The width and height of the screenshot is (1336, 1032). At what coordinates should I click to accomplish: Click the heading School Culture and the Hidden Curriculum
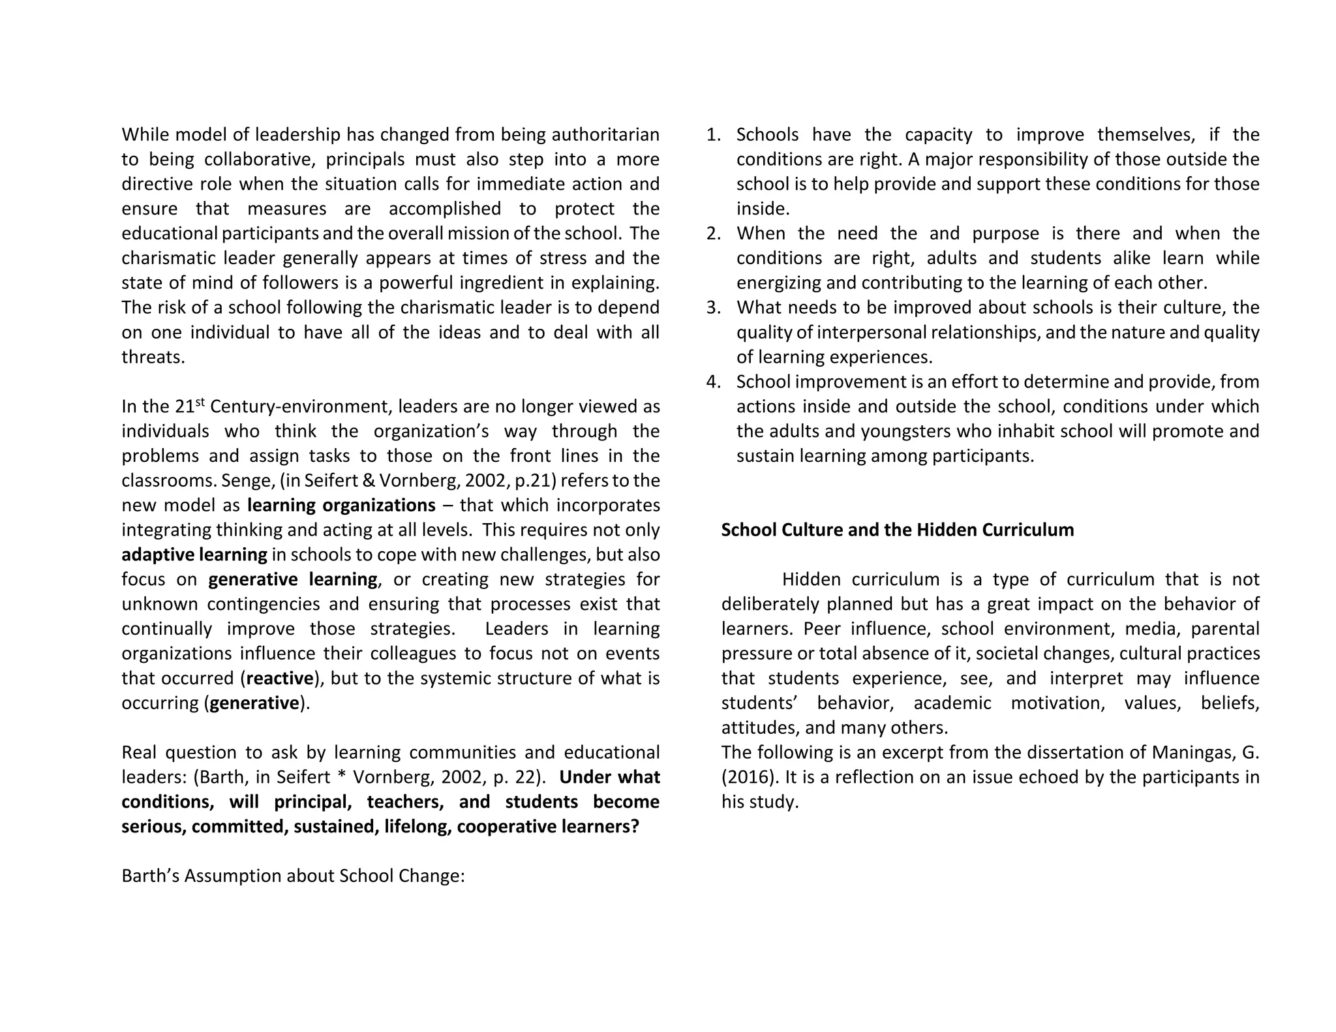(897, 530)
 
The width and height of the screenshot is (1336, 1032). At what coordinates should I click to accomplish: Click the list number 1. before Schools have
(713, 135)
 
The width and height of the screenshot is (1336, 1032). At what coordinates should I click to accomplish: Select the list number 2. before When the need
(713, 234)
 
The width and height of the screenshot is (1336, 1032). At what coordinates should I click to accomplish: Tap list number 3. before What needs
(713, 307)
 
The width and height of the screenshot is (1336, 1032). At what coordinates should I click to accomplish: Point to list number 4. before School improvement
(713, 382)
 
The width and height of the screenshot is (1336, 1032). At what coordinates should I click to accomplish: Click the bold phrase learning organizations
(341, 506)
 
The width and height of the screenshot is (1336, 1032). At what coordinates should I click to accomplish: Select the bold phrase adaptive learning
(194, 555)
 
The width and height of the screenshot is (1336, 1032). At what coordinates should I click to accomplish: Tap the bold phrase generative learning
(293, 579)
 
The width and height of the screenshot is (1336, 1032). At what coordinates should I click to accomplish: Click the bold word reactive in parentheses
(280, 678)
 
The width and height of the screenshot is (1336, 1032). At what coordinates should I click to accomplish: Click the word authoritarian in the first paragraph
(605, 135)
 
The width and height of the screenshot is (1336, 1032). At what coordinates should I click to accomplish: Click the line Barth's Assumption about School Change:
(293, 876)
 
